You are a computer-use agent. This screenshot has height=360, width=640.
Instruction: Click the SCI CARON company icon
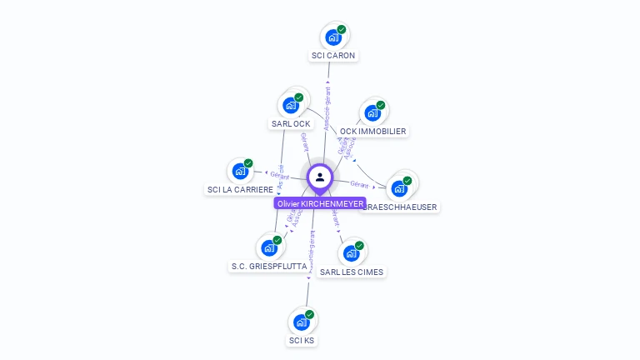click(x=332, y=37)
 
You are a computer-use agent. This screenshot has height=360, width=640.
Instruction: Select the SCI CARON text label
click(x=333, y=56)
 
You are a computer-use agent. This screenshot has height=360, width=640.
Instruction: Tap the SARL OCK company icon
click(x=290, y=105)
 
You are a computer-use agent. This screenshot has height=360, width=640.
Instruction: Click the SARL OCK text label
click(x=291, y=123)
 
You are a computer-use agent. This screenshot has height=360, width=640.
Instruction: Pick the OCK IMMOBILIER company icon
click(x=372, y=113)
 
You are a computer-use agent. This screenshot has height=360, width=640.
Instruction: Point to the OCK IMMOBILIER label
click(x=373, y=132)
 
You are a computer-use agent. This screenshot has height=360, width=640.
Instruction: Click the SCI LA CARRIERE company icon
click(x=240, y=172)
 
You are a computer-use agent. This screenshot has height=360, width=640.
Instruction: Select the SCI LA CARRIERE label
click(x=240, y=190)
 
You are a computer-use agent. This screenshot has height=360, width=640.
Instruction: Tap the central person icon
click(x=320, y=177)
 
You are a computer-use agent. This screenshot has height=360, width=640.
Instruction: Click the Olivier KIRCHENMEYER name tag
click(x=320, y=203)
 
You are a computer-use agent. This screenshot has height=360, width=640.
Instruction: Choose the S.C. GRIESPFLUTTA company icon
click(x=268, y=247)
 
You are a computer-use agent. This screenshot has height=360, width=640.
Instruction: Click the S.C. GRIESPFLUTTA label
click(x=268, y=266)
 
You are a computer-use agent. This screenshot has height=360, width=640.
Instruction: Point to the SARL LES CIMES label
click(x=352, y=272)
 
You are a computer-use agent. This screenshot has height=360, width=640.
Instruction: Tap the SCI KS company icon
click(x=301, y=322)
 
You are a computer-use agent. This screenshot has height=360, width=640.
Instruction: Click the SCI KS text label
click(x=302, y=341)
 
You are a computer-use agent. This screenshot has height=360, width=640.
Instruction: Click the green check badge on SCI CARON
click(x=342, y=29)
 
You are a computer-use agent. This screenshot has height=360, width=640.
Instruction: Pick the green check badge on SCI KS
click(x=310, y=314)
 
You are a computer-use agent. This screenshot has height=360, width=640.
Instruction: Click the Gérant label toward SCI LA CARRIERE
click(x=279, y=176)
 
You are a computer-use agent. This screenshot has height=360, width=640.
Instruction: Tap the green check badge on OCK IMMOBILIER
click(x=381, y=105)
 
